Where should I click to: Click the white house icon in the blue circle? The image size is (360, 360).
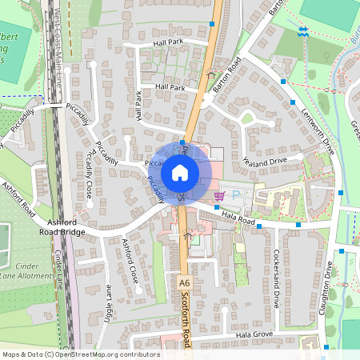180,173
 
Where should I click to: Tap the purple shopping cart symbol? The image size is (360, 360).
218,195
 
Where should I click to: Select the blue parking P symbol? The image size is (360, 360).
235,194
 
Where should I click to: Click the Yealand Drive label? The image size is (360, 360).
266,161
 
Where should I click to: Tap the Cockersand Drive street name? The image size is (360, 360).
276,280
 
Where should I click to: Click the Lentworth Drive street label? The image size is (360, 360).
318,129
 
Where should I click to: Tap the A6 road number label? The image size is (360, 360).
185,283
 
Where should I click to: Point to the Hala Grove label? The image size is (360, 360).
254,334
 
